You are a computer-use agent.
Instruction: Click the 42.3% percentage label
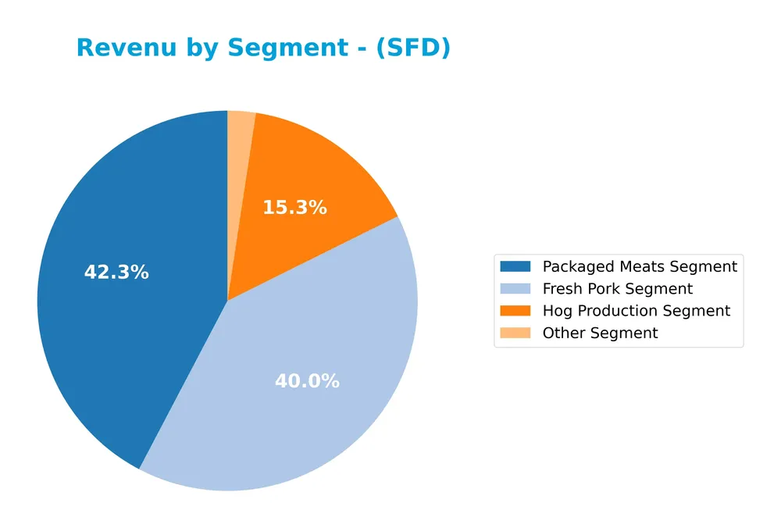pos(116,273)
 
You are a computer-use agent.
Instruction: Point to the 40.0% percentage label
pos(307,381)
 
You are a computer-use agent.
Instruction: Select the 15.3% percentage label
pos(294,208)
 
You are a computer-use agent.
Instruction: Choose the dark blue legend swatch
pos(515,266)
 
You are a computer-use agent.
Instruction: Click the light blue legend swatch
pos(515,289)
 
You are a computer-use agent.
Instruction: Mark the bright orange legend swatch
pos(515,311)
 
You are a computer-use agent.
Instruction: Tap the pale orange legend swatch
pos(515,333)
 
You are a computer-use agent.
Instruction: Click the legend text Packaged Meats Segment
pos(640,266)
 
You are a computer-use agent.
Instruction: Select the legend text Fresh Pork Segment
pos(618,289)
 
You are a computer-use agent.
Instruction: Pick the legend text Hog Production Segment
pos(637,311)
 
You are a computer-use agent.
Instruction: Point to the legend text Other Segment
pos(600,333)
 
